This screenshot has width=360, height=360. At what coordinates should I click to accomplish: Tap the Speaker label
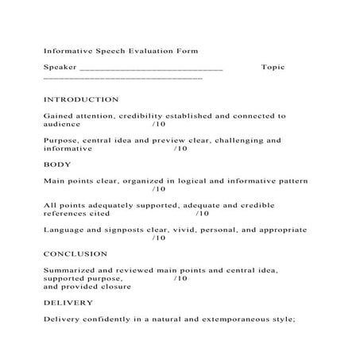click(60, 68)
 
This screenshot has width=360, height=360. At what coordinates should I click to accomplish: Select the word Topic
click(273, 68)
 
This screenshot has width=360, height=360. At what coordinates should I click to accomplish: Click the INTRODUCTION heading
click(81, 100)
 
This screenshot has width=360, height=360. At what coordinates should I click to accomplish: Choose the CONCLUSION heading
click(75, 254)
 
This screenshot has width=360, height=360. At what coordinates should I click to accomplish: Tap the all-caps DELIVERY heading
click(68, 303)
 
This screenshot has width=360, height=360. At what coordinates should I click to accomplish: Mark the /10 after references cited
click(202, 214)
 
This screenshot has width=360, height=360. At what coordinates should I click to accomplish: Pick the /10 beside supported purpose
click(180, 279)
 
